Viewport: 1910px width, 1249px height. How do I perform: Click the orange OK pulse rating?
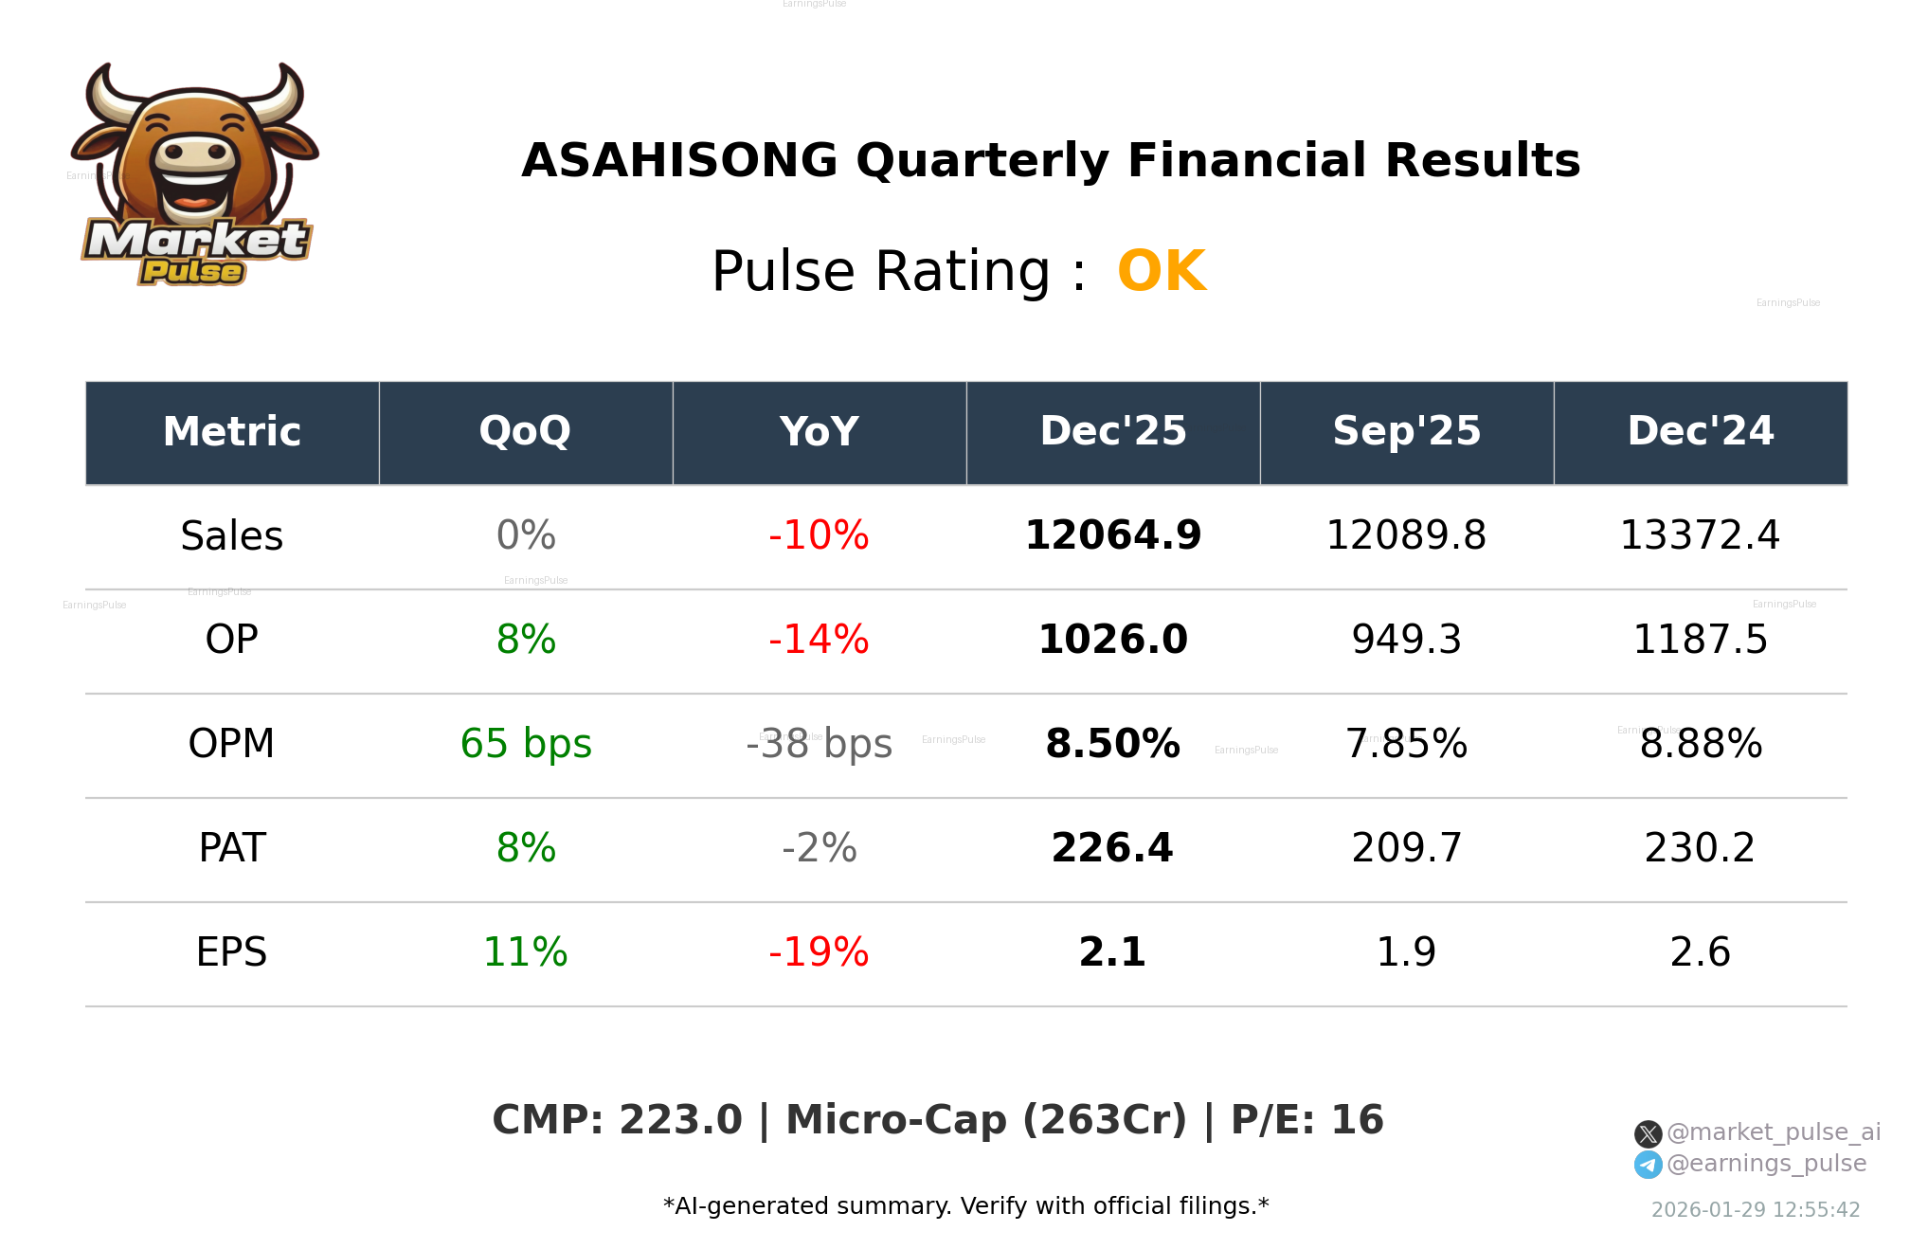[1162, 272]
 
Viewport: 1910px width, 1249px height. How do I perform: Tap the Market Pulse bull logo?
[195, 175]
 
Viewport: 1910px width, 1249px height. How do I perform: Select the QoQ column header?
[526, 432]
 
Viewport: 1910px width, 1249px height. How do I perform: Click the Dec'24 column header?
[1701, 432]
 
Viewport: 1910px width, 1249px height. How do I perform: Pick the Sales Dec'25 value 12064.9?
[1113, 536]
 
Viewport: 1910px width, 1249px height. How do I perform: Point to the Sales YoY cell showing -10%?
[820, 536]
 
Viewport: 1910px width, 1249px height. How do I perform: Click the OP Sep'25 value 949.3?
[1407, 641]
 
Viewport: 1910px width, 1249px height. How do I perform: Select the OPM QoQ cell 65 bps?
[526, 745]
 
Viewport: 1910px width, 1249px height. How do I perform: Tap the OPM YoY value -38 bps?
[820, 745]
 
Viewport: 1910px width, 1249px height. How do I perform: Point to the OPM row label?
[232, 745]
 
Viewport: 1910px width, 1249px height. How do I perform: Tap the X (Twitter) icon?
[1649, 1134]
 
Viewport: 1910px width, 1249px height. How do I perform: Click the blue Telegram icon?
[1649, 1165]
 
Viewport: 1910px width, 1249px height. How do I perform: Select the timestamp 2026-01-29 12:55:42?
[1756, 1210]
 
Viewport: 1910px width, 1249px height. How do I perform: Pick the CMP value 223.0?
[680, 1120]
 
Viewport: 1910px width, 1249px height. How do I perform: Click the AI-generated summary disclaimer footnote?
[966, 1206]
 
